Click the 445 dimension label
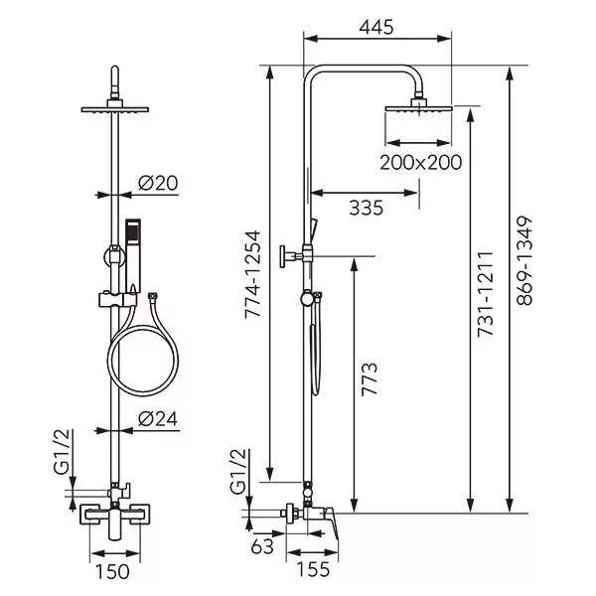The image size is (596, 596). point(376,28)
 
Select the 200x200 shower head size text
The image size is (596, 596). point(421,162)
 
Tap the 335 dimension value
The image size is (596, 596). point(366,208)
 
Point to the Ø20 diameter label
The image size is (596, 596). point(158,183)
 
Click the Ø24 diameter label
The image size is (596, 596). point(158,419)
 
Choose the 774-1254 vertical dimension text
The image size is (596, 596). point(252,274)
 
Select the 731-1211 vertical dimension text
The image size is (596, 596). point(485,294)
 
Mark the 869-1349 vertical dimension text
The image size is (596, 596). point(524,260)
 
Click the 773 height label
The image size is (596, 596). point(370,379)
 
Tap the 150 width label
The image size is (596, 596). point(112,572)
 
